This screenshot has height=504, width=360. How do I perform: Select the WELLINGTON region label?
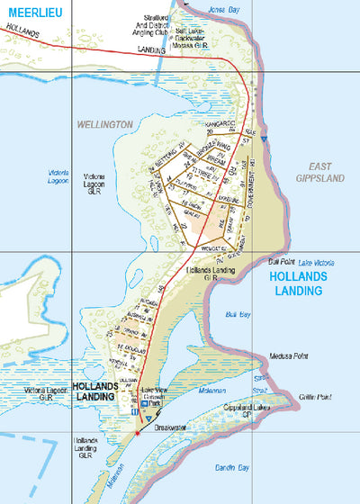[x=105, y=124]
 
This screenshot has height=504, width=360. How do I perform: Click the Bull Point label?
[x=282, y=262]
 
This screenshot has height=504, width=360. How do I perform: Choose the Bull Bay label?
[x=238, y=314]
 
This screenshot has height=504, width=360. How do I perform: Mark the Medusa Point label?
[x=286, y=356]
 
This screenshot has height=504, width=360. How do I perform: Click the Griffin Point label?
[x=313, y=397]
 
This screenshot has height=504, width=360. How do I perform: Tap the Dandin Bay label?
[x=232, y=467]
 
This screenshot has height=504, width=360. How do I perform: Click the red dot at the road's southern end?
[x=137, y=433]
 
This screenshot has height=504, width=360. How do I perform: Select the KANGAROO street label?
[x=220, y=122]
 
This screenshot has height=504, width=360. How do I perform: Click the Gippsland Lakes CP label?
[x=247, y=412]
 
